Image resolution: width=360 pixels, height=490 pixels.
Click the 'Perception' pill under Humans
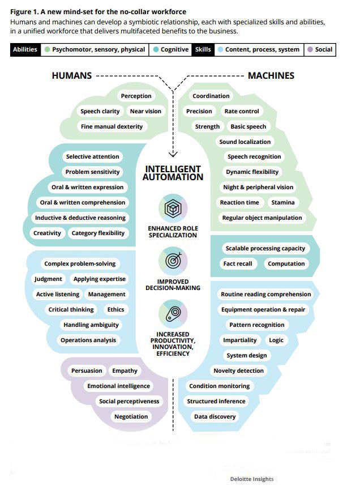[136, 96]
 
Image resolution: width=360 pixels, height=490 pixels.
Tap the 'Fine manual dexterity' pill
[112, 127]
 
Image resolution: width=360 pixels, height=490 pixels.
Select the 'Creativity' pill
[47, 233]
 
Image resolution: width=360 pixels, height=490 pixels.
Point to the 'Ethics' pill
[115, 310]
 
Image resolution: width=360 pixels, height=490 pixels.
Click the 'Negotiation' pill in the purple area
[131, 417]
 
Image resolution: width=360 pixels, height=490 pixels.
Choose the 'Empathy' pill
[125, 371]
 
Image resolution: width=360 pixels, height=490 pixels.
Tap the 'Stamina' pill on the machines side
[282, 203]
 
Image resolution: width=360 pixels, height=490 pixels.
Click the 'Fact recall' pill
[237, 264]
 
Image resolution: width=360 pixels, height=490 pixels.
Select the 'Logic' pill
[276, 340]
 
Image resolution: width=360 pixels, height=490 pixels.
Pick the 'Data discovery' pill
[215, 417]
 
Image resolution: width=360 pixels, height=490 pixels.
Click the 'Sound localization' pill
[245, 142]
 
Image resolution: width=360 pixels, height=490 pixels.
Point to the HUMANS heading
[71, 75]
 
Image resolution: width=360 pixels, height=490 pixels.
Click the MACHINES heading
[271, 75]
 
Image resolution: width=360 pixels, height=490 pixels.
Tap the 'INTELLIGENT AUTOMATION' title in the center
[173, 173]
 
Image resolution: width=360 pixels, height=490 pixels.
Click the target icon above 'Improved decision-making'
[173, 261]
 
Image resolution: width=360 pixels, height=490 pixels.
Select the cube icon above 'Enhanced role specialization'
[173, 208]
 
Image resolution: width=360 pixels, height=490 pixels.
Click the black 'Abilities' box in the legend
[25, 49]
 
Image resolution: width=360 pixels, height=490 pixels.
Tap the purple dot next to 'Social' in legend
[310, 50]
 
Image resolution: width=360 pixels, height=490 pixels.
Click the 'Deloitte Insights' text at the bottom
[251, 479]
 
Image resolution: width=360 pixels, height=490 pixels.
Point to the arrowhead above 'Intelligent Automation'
[173, 154]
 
